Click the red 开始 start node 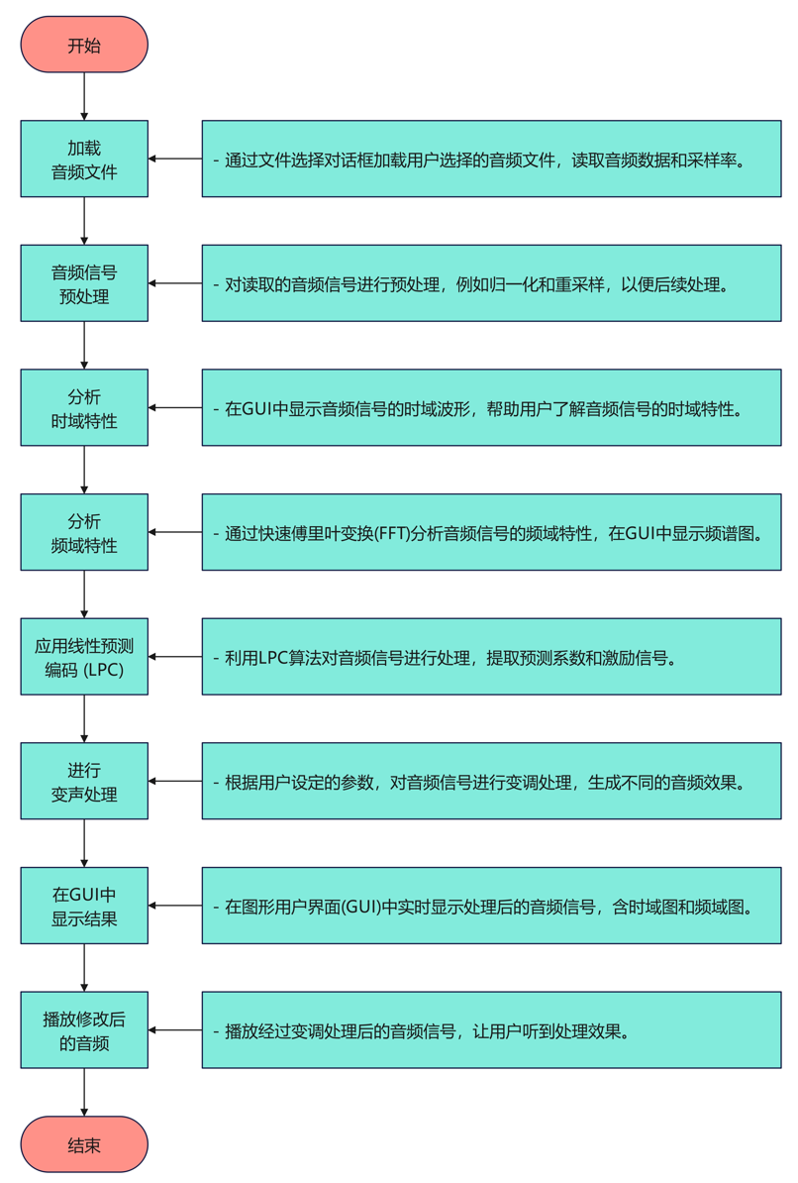click(84, 45)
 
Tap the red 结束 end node click(84, 1145)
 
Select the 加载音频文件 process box click(84, 159)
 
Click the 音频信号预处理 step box click(84, 283)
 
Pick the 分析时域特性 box click(84, 407)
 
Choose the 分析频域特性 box click(84, 532)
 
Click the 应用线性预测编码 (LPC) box click(84, 656)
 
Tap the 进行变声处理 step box click(84, 781)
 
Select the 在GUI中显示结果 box click(84, 906)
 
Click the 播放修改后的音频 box click(84, 1029)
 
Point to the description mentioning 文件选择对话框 click(491, 159)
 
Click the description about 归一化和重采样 click(491, 283)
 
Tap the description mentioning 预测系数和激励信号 click(491, 656)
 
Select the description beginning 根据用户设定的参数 click(491, 781)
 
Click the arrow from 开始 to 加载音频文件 click(84, 97)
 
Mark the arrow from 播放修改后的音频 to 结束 click(84, 1092)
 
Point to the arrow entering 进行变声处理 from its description click(175, 781)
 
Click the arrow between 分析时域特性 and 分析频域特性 click(84, 470)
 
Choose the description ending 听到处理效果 click(491, 1029)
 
